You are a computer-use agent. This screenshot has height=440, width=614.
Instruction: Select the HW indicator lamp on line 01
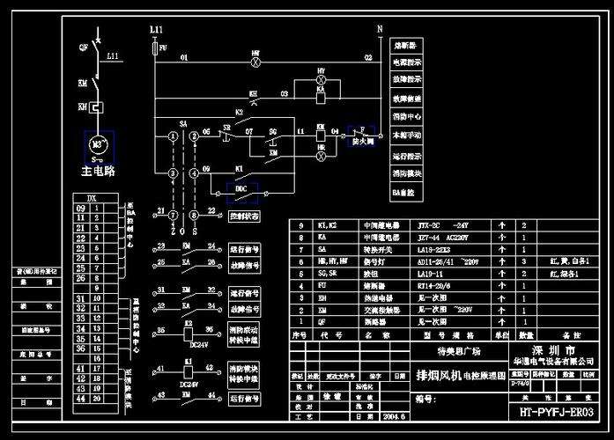pos(255,63)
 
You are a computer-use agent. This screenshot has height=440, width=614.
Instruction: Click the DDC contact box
pos(240,187)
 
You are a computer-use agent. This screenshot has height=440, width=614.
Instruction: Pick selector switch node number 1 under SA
pos(173,134)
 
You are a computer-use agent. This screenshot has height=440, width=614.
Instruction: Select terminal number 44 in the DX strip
pos(81,399)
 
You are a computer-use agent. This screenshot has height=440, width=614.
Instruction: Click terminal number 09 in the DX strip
pos(81,207)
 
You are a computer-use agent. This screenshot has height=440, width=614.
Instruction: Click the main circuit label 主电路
pos(98,170)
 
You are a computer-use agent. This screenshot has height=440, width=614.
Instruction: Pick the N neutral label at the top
pos(380,29)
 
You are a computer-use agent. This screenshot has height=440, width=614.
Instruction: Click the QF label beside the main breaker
pos(84,45)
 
